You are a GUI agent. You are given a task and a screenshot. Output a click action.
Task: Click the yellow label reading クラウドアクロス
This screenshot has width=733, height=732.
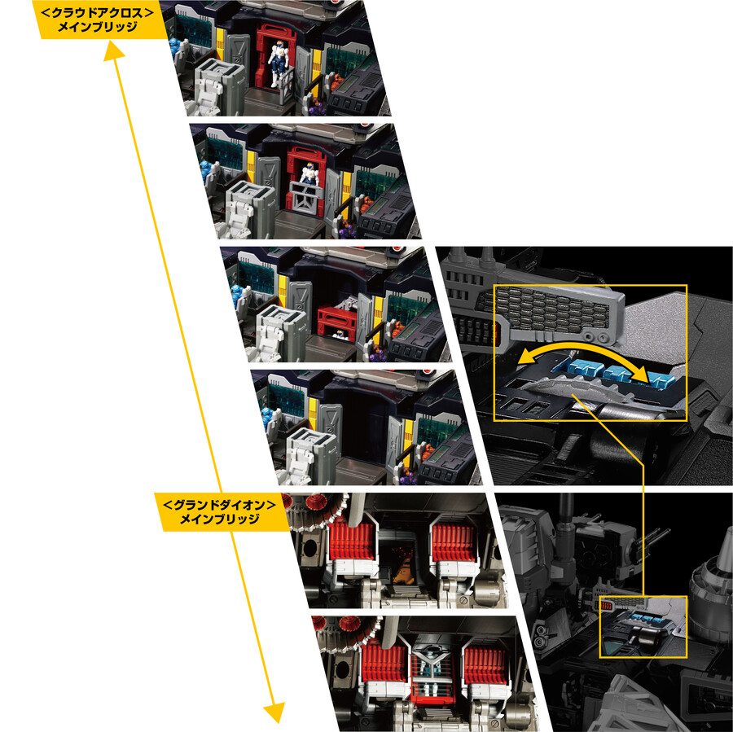[x=97, y=20]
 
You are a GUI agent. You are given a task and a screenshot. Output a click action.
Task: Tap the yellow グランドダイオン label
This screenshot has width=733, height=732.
[x=220, y=512]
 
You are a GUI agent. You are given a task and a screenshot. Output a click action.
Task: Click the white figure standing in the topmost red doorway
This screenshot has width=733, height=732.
[x=279, y=63]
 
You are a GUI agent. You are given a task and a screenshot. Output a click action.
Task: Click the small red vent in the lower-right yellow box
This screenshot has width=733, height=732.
[x=606, y=606]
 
